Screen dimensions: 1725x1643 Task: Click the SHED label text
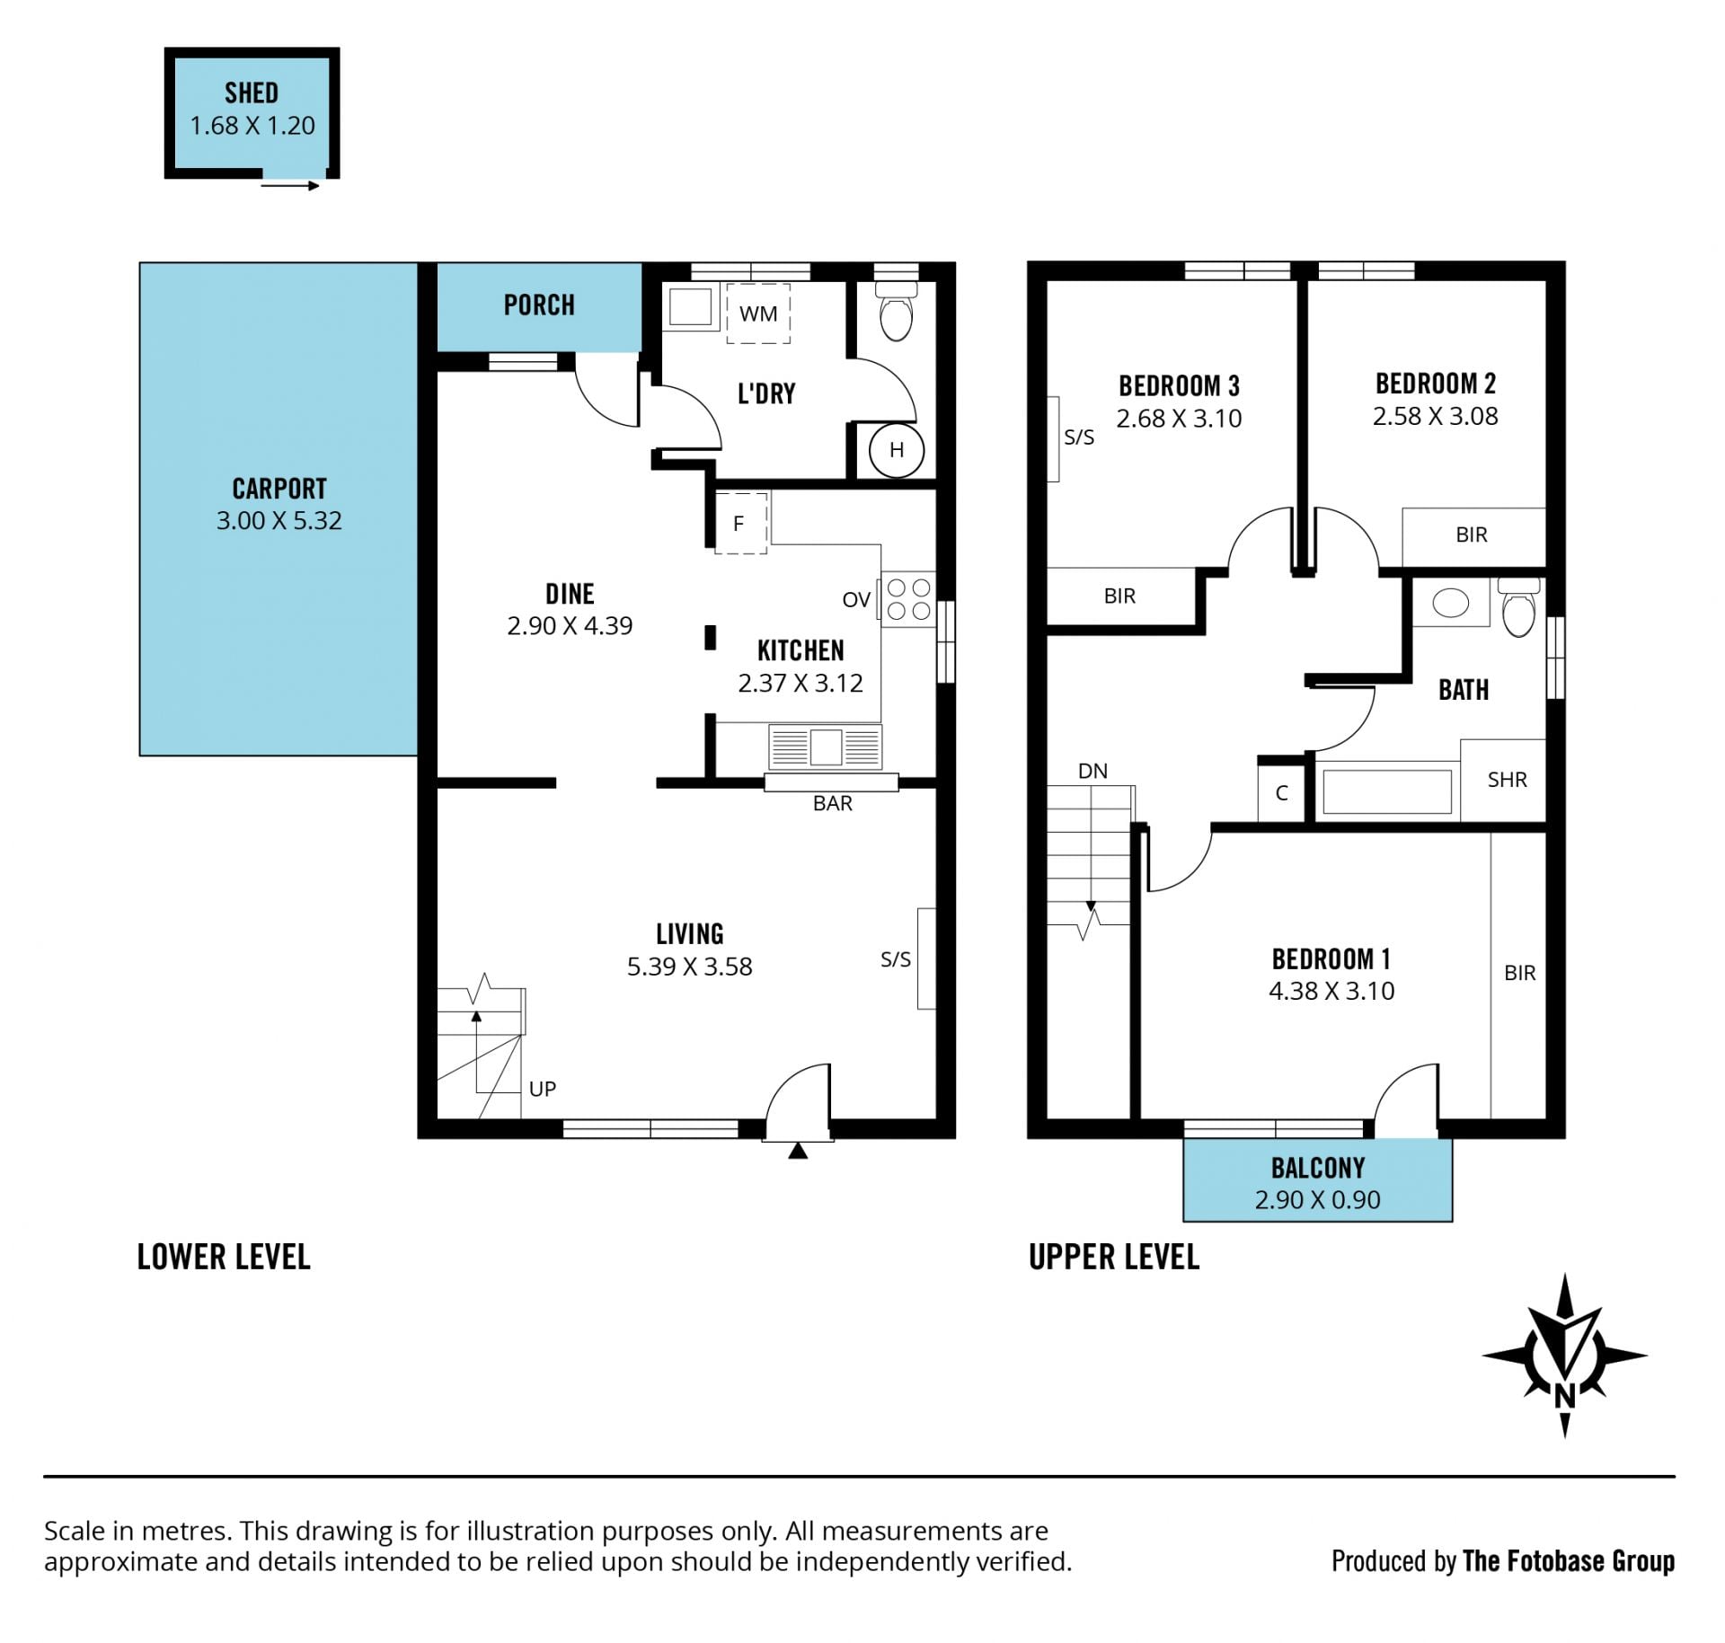click(x=252, y=93)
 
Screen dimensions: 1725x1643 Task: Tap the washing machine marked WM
click(x=758, y=314)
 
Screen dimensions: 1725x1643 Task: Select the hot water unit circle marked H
click(x=897, y=450)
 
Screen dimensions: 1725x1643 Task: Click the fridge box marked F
click(x=740, y=523)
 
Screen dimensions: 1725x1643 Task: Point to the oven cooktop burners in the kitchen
click(x=908, y=599)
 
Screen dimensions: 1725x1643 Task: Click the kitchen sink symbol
click(x=826, y=746)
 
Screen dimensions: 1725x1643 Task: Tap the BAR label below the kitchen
click(x=833, y=803)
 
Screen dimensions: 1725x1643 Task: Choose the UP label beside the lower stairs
click(x=543, y=1089)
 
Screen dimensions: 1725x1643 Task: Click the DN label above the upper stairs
click(x=1092, y=771)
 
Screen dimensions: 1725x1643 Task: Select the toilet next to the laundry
click(x=896, y=312)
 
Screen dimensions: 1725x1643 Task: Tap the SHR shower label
click(x=1507, y=780)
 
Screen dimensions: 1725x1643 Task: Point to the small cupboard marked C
click(x=1282, y=792)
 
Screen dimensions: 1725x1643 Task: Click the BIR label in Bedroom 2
click(x=1472, y=534)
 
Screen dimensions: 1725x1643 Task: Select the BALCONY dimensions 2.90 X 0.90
click(x=1317, y=1199)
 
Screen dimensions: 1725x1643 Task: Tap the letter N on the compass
click(x=1565, y=1395)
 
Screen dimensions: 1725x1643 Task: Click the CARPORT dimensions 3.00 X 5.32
click(x=279, y=520)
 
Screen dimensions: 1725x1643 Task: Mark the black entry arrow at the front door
click(x=798, y=1151)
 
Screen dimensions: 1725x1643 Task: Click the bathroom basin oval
click(x=1450, y=603)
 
